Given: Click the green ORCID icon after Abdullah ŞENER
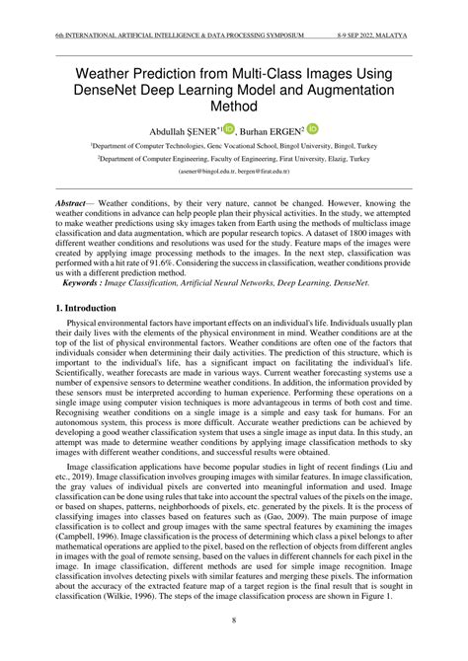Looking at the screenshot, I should [229, 128].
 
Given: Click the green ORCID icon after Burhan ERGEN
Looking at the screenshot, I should [313, 128].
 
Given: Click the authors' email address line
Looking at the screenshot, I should [233, 171].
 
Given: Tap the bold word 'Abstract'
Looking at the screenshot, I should [74, 201].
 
